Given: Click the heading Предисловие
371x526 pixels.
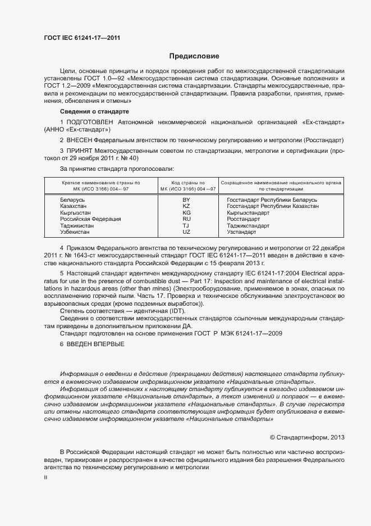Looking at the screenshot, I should point(194,56).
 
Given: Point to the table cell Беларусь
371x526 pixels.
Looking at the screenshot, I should point(72,200).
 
